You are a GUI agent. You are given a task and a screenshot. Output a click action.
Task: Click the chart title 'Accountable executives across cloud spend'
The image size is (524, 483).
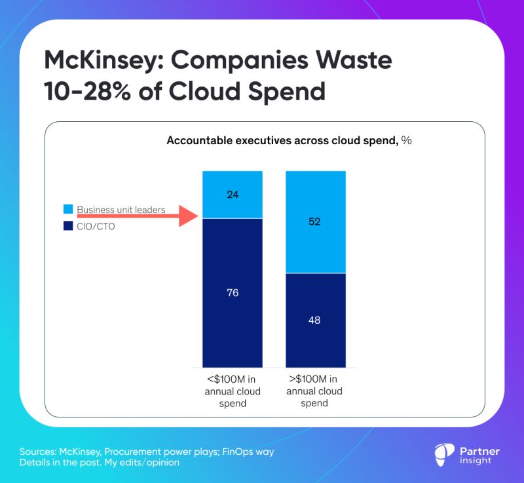282,140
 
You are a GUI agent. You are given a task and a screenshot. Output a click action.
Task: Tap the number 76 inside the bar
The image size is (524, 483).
233,293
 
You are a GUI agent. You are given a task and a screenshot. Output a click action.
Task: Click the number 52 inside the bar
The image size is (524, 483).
315,222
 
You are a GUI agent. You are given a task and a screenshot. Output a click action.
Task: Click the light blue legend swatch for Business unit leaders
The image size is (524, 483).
68,210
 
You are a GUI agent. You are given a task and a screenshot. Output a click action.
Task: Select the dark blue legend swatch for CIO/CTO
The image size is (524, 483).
68,227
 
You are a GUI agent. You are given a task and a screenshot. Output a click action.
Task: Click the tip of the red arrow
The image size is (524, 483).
196,216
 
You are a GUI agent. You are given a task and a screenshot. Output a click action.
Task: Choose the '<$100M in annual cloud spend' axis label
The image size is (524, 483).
233,392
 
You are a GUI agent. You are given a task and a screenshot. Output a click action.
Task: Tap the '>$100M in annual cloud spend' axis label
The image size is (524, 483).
314,392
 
